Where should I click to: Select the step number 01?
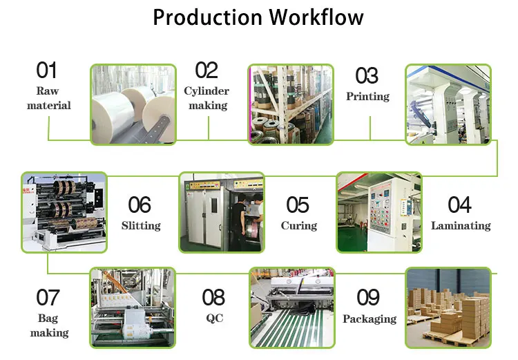(x=46, y=70)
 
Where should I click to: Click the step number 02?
(x=207, y=70)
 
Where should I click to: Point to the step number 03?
(x=367, y=75)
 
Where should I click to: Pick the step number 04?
(x=460, y=205)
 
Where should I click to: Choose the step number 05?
(x=298, y=205)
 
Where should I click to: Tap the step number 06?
(x=140, y=205)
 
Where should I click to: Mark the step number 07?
(x=48, y=298)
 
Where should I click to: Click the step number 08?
(x=213, y=298)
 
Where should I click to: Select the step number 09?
(x=368, y=298)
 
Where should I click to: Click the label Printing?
(x=367, y=97)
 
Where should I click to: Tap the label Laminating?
(x=461, y=226)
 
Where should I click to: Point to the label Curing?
(x=299, y=226)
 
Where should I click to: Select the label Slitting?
(x=141, y=226)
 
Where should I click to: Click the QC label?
(x=214, y=319)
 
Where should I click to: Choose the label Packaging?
(x=370, y=319)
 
